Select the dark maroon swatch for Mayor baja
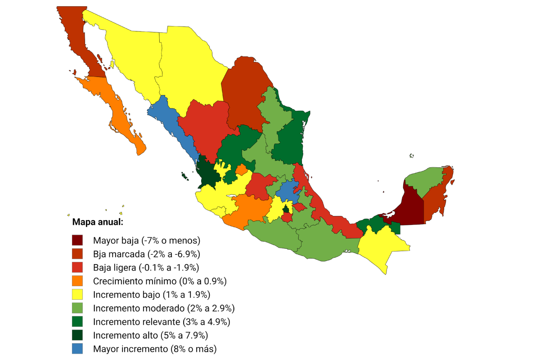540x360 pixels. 77,240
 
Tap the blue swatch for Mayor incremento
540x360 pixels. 77,349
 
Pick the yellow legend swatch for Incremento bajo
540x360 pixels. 77,295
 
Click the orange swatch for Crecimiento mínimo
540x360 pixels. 77,281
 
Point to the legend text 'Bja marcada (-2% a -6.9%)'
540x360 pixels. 146,254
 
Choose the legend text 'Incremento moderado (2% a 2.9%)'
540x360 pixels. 164,308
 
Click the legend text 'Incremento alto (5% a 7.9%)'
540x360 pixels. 150,335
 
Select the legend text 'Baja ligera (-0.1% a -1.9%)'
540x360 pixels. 146,268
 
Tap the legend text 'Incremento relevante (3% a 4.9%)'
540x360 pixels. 162,322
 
